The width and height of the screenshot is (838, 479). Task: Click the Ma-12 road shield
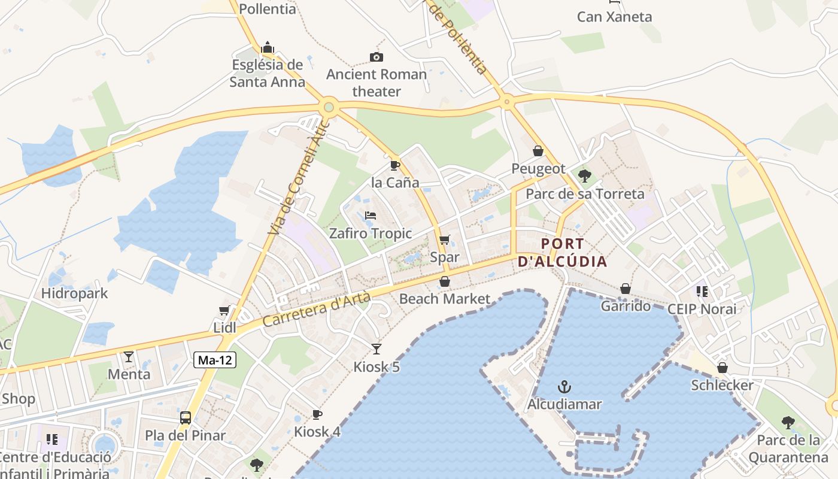[215, 360]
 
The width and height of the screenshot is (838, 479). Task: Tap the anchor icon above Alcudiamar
[564, 386]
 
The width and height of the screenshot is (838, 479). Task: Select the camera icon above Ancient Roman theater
[376, 57]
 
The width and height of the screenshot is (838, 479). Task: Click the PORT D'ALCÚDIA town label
[562, 253]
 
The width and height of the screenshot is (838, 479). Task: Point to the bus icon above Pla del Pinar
[186, 417]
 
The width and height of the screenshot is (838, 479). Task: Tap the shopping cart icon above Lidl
[224, 310]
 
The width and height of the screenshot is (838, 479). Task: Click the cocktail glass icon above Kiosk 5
[376, 348]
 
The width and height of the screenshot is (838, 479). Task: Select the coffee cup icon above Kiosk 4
[317, 414]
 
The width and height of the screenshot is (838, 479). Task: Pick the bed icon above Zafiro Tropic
[371, 216]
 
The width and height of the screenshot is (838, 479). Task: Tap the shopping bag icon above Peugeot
[538, 151]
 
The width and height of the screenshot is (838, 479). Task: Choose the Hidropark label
[74, 293]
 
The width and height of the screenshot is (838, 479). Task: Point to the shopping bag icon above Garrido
[626, 289]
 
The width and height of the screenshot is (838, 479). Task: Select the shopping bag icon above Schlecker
[722, 368]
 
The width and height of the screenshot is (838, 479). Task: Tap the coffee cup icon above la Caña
[394, 165]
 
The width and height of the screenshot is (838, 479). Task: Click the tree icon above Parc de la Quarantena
[788, 423]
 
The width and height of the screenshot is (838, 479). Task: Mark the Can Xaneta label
[614, 17]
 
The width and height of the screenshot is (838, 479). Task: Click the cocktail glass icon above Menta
[129, 357]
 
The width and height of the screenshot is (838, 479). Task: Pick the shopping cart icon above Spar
[444, 240]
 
